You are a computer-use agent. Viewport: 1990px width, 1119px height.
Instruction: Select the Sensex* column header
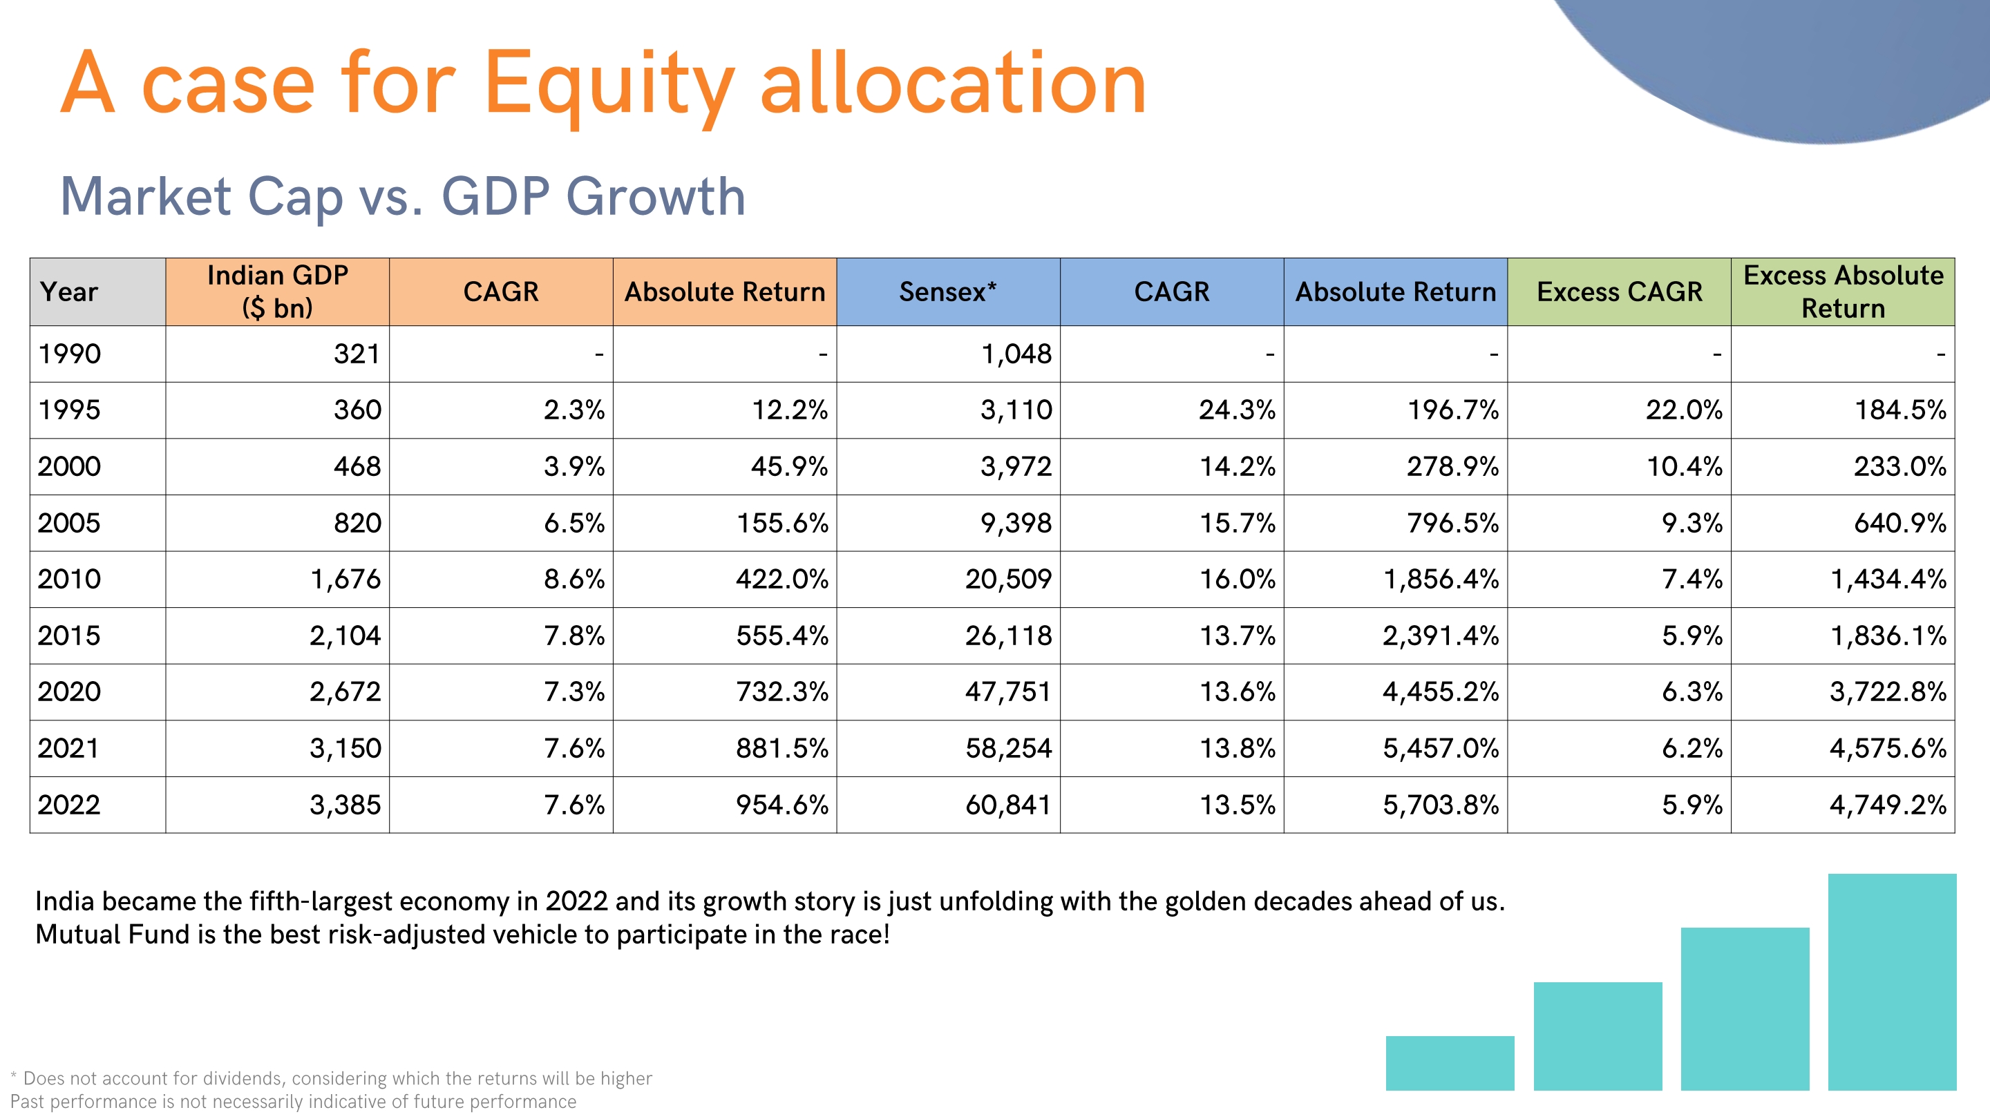948,292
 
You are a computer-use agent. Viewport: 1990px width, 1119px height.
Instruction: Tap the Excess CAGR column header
1619,292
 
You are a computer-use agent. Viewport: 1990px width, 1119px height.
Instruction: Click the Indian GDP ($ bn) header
277,292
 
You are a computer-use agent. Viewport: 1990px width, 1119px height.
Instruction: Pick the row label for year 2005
70,523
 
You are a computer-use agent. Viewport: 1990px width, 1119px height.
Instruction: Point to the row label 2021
69,748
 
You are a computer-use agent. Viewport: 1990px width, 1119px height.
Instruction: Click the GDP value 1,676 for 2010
345,580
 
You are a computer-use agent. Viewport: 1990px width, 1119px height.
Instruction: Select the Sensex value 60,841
1008,805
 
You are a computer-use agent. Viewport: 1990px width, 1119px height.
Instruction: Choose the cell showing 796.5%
1452,523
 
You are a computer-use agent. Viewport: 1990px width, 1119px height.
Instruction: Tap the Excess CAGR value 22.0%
1684,410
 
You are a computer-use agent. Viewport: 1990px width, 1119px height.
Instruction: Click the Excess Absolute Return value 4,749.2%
1887,805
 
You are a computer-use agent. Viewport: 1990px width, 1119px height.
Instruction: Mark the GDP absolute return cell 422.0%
781,580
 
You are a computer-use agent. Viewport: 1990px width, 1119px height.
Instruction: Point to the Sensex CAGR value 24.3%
1237,410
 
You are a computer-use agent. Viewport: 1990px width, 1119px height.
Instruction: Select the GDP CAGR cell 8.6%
574,580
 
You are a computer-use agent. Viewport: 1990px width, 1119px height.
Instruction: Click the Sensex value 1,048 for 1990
1016,354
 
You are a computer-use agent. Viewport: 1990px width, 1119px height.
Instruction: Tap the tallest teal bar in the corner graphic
1892,981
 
